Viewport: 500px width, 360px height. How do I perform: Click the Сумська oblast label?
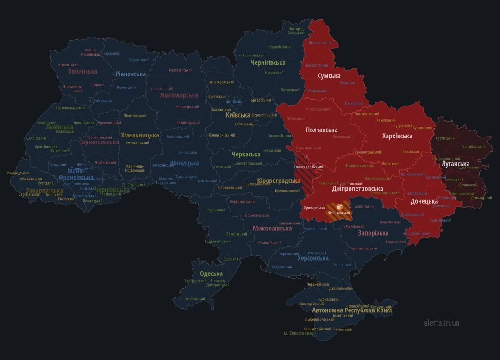click(x=329, y=76)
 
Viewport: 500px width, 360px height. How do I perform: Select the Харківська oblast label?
click(x=397, y=136)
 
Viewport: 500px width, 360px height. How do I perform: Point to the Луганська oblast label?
click(x=455, y=164)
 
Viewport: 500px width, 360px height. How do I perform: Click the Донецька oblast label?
click(x=424, y=201)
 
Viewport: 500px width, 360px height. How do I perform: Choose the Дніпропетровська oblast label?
click(x=357, y=189)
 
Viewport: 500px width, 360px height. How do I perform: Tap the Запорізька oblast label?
click(x=373, y=233)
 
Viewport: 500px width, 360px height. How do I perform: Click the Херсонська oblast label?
click(x=312, y=258)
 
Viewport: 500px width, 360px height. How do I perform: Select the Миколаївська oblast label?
click(x=272, y=229)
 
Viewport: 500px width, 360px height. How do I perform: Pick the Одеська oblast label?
click(x=211, y=274)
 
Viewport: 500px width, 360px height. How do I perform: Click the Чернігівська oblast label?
click(x=268, y=62)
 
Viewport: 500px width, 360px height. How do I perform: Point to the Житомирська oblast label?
click(x=179, y=95)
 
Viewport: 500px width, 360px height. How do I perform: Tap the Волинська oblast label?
click(x=82, y=72)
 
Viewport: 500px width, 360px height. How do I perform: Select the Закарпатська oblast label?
click(x=44, y=191)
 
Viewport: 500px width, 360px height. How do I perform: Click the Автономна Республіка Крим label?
click(x=351, y=310)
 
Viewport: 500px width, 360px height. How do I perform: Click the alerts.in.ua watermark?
click(x=441, y=323)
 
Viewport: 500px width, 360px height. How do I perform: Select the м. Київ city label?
click(x=234, y=102)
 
